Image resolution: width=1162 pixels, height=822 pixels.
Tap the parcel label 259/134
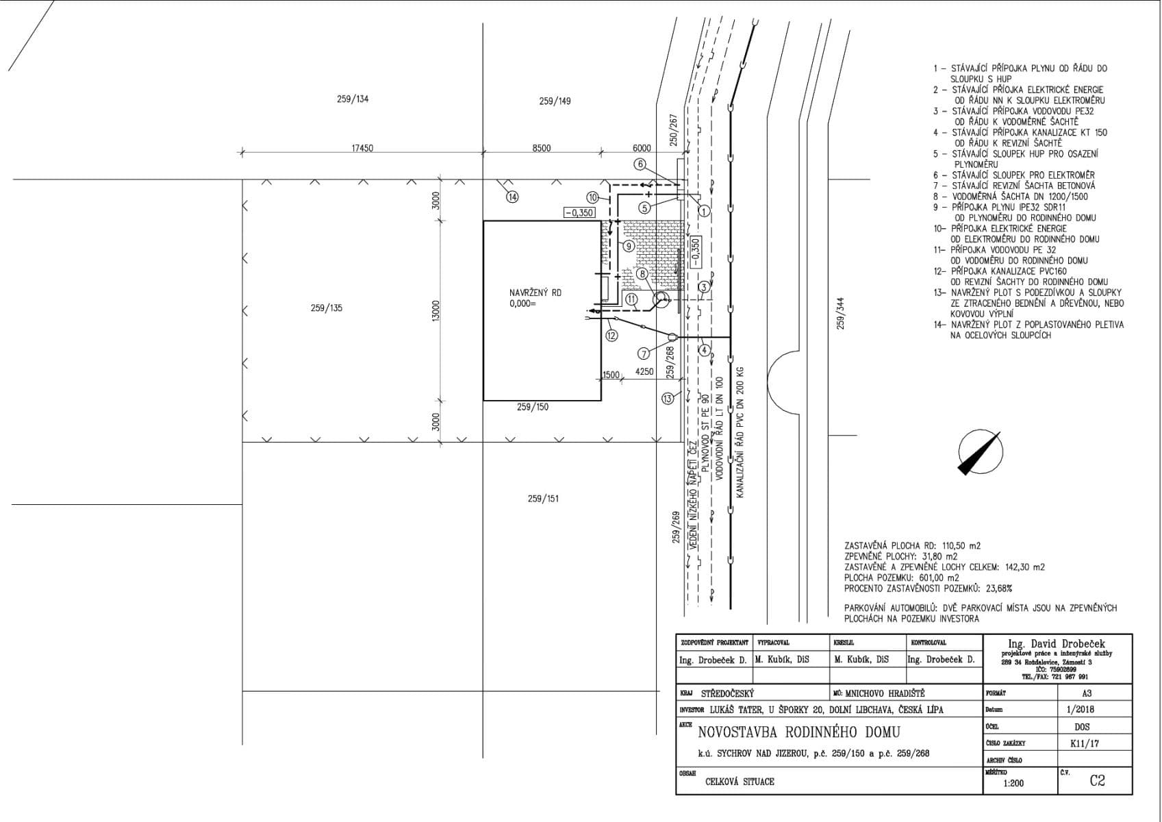(x=353, y=99)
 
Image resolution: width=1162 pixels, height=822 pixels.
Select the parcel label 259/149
(x=555, y=101)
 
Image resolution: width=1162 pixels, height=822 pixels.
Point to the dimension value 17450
(x=362, y=148)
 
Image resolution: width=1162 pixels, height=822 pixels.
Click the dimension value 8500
(x=542, y=148)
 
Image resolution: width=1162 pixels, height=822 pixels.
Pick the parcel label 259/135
(x=326, y=308)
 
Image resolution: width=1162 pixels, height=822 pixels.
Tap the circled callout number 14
(x=512, y=197)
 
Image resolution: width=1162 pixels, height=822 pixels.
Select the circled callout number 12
(x=611, y=335)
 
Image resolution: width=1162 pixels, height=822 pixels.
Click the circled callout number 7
(x=644, y=353)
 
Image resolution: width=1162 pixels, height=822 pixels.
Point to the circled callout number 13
(x=668, y=399)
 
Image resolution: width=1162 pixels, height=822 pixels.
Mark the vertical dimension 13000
(x=435, y=310)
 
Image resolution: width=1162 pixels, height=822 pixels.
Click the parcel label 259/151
(x=543, y=498)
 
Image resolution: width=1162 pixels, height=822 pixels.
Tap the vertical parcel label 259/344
(x=841, y=313)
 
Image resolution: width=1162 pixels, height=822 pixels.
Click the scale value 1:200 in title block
(x=1013, y=783)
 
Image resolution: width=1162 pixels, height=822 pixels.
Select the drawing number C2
(x=1097, y=780)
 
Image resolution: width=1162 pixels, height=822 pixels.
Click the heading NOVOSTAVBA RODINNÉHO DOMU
(x=799, y=732)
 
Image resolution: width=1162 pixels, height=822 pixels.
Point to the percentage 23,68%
(x=998, y=588)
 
